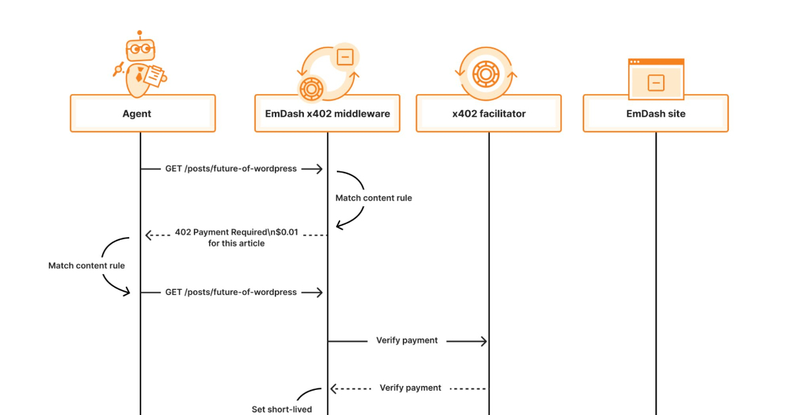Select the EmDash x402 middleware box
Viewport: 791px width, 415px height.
327,113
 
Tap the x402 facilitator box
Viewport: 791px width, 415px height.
488,113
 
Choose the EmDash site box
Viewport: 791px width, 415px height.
655,113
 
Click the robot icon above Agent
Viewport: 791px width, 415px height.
140,65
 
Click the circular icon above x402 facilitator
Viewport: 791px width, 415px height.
486,71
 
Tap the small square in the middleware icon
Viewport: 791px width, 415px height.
343,57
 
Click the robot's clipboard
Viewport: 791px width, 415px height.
154,76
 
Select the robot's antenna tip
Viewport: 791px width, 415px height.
139,32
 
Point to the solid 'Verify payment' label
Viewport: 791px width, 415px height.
407,341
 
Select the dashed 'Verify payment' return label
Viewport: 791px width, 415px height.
410,388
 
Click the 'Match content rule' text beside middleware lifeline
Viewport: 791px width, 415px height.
373,198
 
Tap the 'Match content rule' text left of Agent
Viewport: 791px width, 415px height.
86,266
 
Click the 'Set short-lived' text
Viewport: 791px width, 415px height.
281,409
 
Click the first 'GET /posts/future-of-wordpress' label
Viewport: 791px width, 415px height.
231,169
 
